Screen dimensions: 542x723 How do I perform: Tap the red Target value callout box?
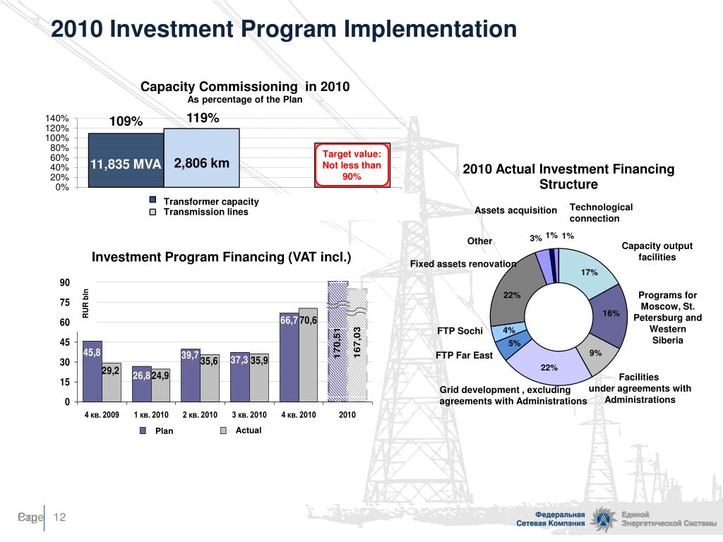[x=352, y=166]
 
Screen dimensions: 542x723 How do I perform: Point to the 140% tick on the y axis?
[x=59, y=119]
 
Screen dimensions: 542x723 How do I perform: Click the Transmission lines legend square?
[x=153, y=212]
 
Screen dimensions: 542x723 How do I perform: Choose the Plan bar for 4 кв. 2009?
[x=92, y=371]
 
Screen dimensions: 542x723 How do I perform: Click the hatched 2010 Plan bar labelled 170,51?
[x=338, y=342]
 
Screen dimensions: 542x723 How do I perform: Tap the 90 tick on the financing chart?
[x=64, y=283]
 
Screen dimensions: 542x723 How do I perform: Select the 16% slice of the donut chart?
[x=611, y=314]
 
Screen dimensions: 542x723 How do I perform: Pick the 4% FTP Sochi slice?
[x=509, y=330]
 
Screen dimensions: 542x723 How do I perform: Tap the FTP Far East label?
[x=464, y=355]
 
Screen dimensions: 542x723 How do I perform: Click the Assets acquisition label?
[x=515, y=210]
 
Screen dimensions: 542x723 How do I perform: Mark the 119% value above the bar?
[x=203, y=119]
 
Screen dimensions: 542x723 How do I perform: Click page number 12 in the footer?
[x=59, y=518]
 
